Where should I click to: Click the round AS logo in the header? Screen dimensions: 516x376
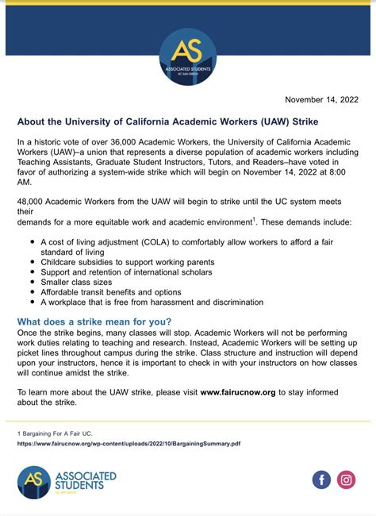[x=187, y=57]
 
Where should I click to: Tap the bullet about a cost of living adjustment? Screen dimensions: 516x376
[x=186, y=241]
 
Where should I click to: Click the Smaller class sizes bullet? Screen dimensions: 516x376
[x=78, y=282]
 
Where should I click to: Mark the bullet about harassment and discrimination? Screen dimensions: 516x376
[x=152, y=302]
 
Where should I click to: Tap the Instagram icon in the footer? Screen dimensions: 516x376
[x=346, y=479]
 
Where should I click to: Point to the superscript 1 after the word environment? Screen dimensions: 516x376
[x=254, y=218]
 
